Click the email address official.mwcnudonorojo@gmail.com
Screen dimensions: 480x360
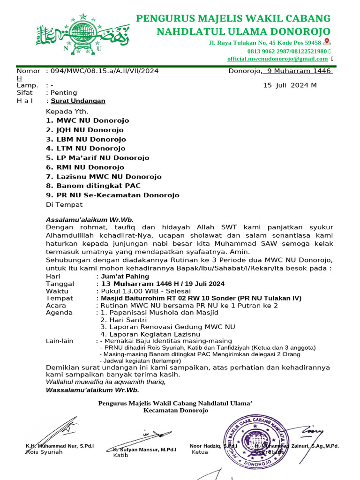click(x=277, y=59)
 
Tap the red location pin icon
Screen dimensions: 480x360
click(x=327, y=42)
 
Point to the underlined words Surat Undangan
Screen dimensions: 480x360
click(x=78, y=101)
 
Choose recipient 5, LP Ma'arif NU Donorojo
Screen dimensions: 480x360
click(x=97, y=158)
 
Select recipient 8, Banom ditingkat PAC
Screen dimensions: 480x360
click(x=88, y=186)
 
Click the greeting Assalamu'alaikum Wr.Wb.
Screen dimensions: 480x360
click(x=90, y=219)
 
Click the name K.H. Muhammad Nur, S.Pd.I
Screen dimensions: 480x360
click(x=60, y=446)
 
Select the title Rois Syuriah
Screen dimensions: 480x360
click(x=44, y=452)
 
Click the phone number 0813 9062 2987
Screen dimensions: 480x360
click(x=267, y=51)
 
